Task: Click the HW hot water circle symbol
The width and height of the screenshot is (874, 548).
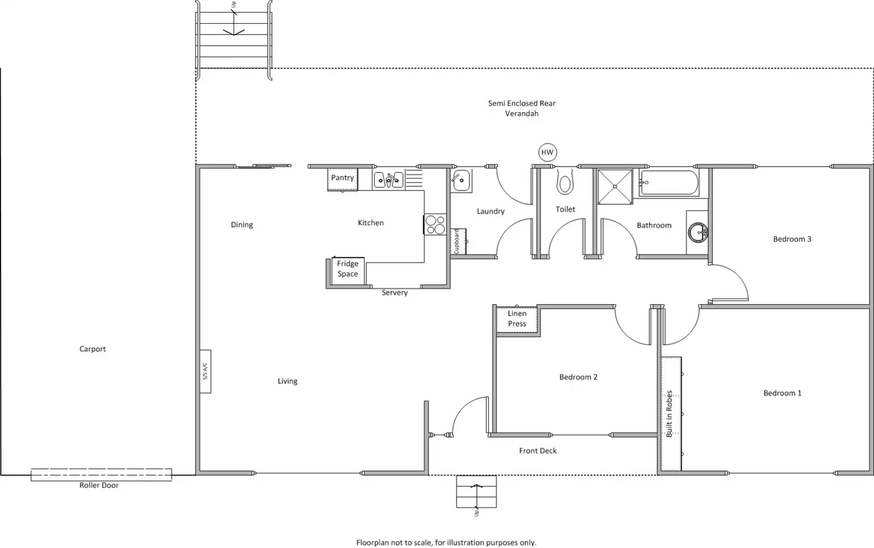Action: [547, 152]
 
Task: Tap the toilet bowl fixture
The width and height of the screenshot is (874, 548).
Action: [565, 183]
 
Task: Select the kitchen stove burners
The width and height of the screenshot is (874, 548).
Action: [435, 225]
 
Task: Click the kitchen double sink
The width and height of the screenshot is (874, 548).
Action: [388, 180]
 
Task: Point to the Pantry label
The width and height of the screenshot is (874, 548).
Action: [343, 178]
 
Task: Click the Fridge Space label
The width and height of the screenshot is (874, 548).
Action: [348, 269]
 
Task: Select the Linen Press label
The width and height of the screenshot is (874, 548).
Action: [517, 319]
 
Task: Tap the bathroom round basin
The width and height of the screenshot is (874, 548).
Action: [698, 232]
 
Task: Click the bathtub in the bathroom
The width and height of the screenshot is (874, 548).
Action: [669, 183]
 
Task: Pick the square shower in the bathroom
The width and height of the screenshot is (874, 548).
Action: [615, 187]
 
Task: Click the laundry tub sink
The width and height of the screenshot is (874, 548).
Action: [461, 180]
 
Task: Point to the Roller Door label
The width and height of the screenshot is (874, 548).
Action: [99, 485]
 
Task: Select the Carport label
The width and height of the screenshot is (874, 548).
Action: [93, 349]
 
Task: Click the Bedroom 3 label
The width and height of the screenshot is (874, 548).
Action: [792, 239]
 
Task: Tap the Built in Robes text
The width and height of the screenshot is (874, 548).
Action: [669, 413]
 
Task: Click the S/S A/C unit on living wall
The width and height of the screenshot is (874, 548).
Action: [205, 371]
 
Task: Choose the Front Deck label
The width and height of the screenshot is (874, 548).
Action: [538, 451]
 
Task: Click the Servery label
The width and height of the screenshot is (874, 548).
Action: [395, 292]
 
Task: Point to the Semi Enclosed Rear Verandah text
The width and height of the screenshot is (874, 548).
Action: [522, 108]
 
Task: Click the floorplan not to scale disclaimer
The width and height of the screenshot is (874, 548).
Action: [446, 543]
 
